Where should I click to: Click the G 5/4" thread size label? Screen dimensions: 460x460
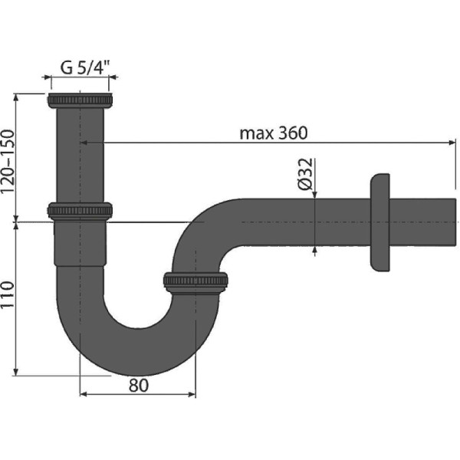[85, 67]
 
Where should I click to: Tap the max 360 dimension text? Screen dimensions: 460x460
[273, 133]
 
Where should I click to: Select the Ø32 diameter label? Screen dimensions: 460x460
[304, 174]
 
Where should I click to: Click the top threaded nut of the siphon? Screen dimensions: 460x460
[80, 100]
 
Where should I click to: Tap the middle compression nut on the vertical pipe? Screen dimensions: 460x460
[80, 210]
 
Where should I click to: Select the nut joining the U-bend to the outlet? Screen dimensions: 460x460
[195, 281]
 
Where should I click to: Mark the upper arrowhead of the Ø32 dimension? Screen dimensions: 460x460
[315, 194]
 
